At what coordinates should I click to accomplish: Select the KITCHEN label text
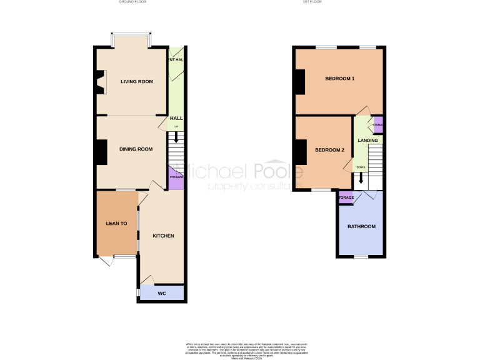163,236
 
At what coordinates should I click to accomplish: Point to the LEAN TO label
116,223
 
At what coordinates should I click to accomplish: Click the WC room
161,293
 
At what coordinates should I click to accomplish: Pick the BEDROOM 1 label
339,79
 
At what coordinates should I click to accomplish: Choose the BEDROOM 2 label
329,150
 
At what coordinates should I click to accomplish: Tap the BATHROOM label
361,226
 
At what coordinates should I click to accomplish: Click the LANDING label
367,141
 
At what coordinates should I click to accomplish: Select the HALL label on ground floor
176,118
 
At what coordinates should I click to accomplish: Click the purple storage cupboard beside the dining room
176,178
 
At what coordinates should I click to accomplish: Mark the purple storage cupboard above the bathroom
346,198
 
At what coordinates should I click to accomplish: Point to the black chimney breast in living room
99,82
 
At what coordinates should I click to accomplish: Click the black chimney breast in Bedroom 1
299,82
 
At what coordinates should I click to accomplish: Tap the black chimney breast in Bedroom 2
299,152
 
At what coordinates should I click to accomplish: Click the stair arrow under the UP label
176,134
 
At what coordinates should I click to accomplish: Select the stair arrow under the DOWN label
361,177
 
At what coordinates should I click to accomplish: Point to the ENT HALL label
176,60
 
